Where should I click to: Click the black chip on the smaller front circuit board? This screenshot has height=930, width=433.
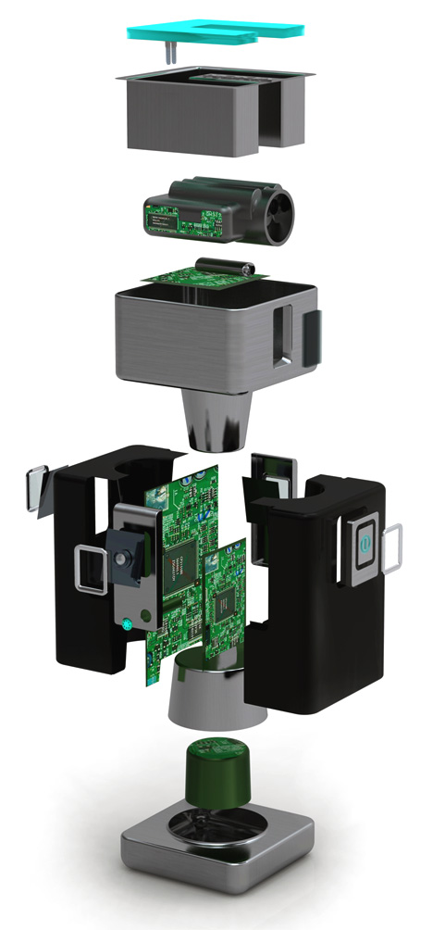point(225,607)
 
